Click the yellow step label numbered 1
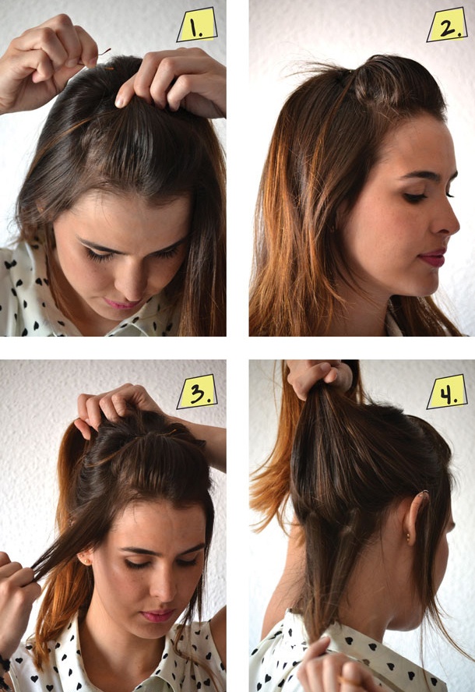point(197,25)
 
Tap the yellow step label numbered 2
point(447,25)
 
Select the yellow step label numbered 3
point(197,392)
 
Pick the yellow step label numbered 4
point(447,392)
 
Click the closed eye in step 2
point(417,197)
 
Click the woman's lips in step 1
point(121,303)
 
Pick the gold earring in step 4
point(408,538)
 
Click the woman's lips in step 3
point(157,615)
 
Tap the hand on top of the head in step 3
point(115,406)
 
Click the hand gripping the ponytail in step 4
point(318,376)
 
